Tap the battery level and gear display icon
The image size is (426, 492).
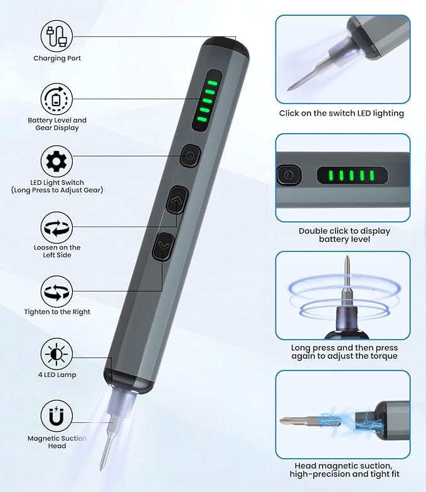(x=56, y=99)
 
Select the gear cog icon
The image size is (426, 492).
(x=56, y=161)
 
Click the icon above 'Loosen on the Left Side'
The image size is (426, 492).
(x=56, y=227)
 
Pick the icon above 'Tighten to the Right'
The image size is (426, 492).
(x=56, y=292)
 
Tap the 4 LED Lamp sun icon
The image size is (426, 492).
(x=56, y=354)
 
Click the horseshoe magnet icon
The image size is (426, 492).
(x=56, y=416)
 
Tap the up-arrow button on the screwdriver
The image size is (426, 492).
(x=177, y=200)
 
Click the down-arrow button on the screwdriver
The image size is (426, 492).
(x=163, y=246)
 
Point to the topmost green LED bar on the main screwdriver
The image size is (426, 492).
(x=213, y=83)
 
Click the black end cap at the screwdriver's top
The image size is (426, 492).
(x=226, y=47)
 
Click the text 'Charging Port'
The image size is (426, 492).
(x=57, y=58)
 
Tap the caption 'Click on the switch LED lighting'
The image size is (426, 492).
(x=341, y=113)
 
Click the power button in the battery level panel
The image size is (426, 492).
(x=289, y=175)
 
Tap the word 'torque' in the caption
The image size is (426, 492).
(x=384, y=356)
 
